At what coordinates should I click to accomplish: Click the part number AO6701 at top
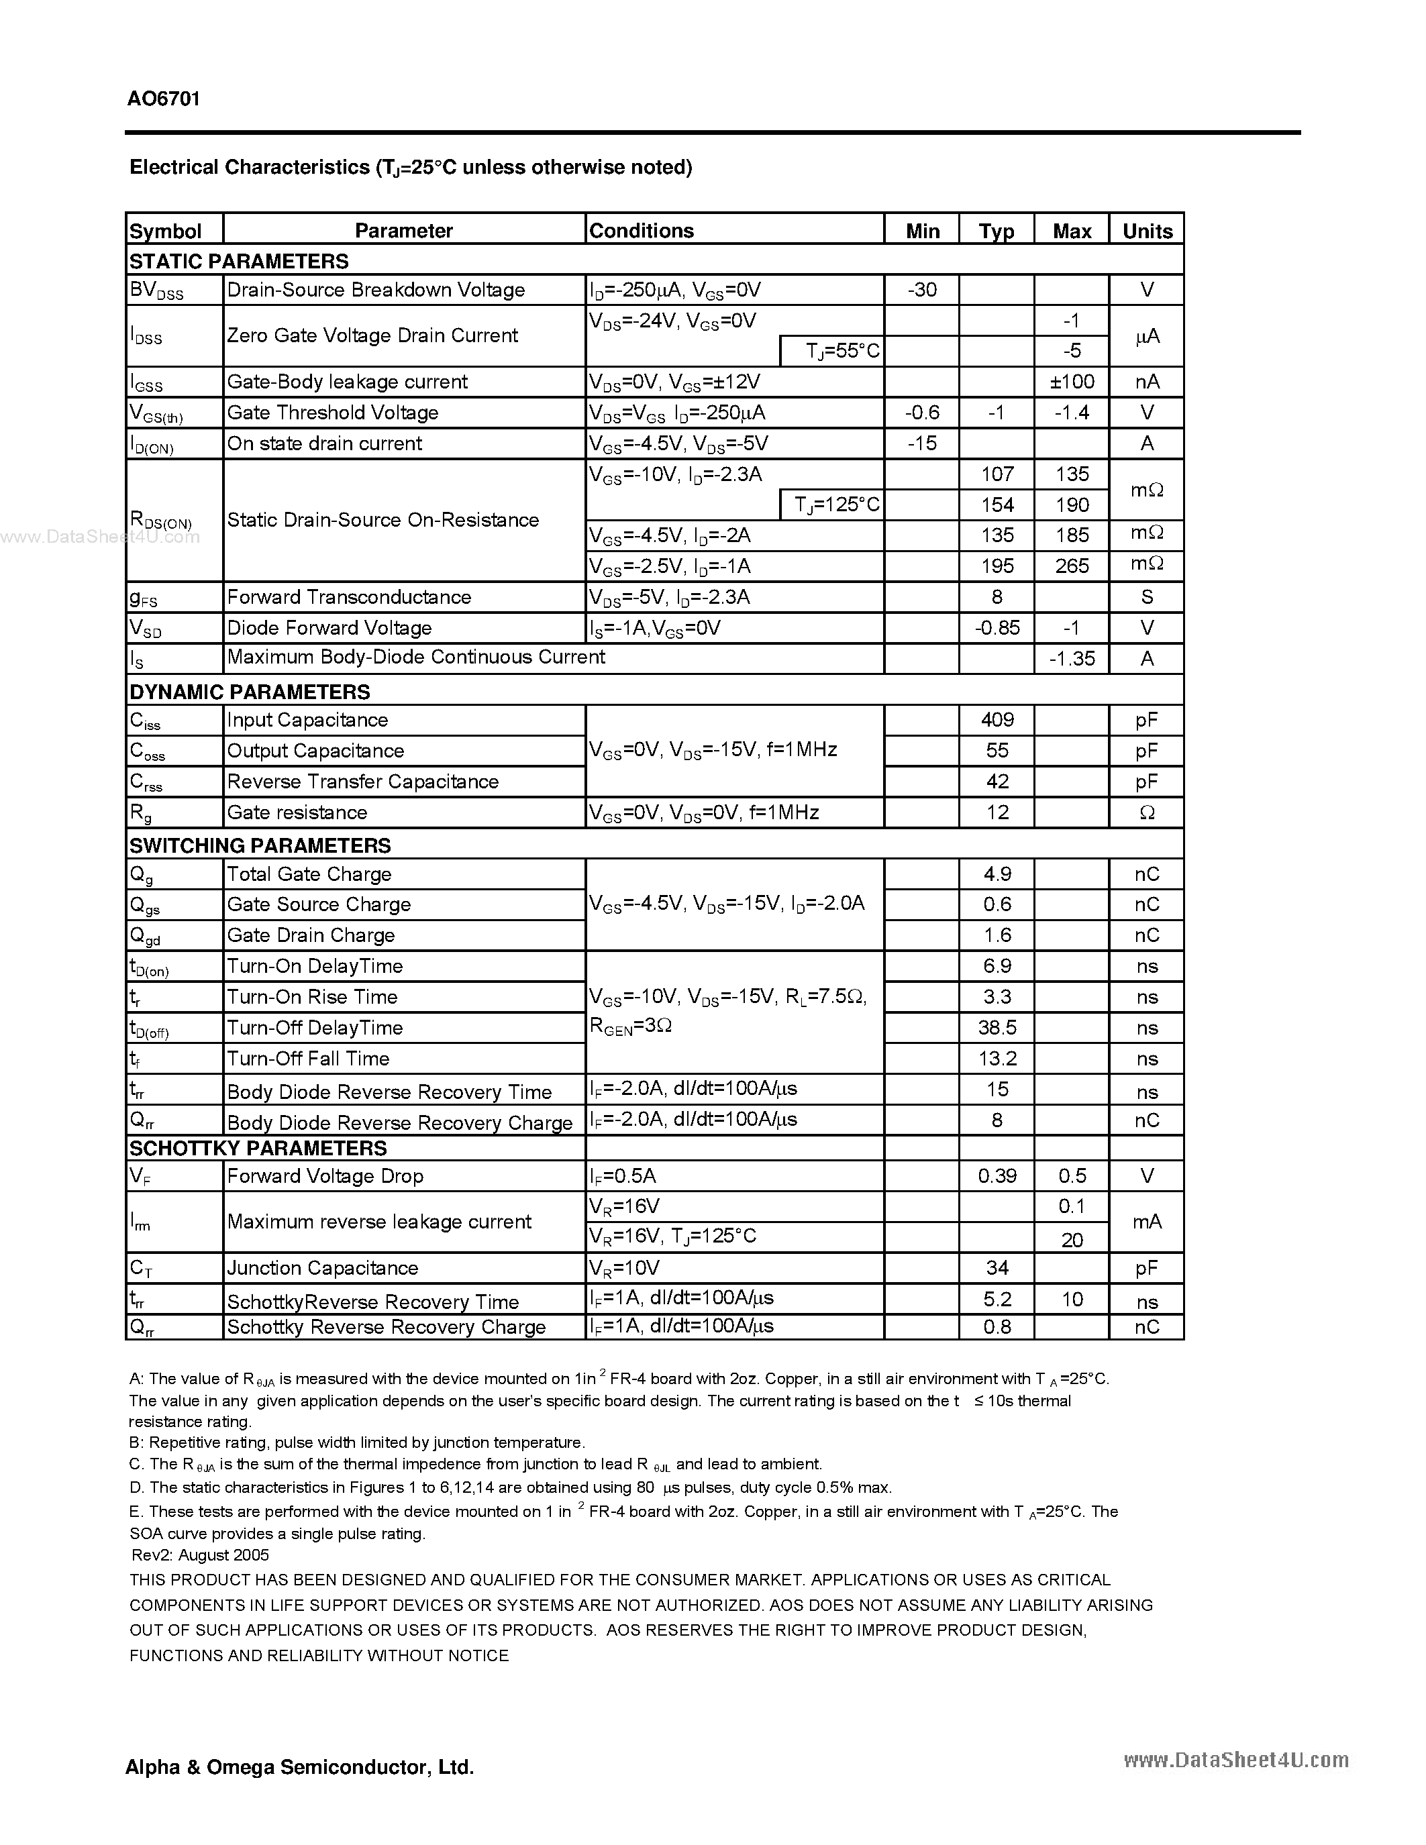point(164,99)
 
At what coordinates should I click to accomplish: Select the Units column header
point(1146,231)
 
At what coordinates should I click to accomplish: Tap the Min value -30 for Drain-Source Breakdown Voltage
point(921,290)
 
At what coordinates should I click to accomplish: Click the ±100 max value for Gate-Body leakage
point(1071,382)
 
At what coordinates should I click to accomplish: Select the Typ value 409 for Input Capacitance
point(997,720)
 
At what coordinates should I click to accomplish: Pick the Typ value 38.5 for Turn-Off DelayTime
point(997,1028)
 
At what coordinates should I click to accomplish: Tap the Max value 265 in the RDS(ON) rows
point(1071,566)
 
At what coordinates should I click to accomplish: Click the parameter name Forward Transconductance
point(349,597)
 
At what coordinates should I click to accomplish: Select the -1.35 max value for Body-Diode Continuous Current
point(1071,658)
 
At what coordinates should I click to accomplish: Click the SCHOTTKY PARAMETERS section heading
point(258,1148)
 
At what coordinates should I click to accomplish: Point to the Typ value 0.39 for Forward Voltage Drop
point(997,1176)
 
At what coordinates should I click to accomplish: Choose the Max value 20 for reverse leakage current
point(1071,1239)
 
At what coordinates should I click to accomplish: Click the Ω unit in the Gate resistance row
point(1146,812)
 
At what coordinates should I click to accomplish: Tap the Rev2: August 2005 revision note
point(200,1555)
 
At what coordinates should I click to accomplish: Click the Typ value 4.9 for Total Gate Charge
point(997,874)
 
